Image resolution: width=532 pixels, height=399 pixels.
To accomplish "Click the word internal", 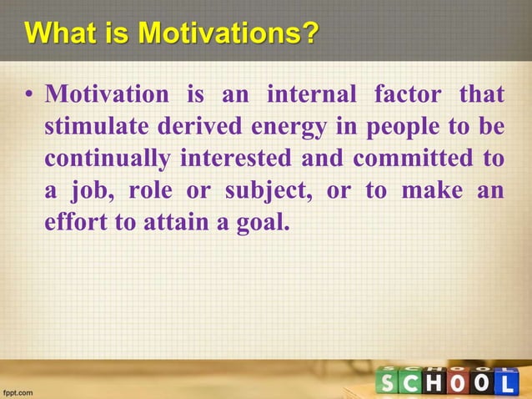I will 311,95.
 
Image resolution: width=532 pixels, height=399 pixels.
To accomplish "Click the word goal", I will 263,222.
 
